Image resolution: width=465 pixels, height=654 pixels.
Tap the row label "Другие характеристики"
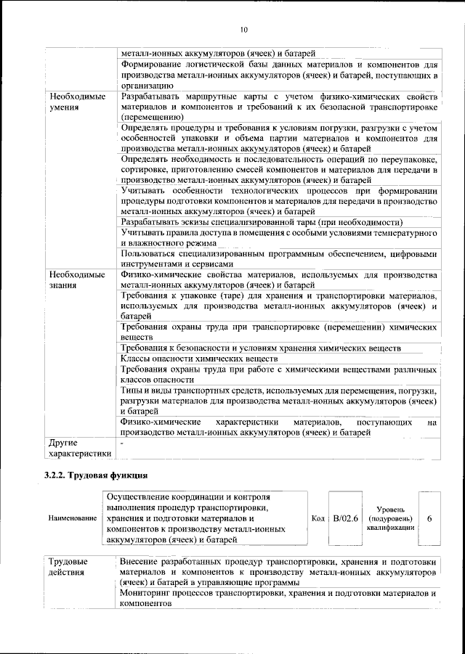point(79,448)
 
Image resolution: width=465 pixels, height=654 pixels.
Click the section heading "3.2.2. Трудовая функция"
point(97,475)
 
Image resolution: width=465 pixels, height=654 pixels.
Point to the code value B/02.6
point(346,519)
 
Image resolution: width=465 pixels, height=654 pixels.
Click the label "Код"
point(318,519)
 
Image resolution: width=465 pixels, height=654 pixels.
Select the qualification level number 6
point(429,519)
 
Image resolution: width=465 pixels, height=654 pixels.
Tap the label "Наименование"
point(72,519)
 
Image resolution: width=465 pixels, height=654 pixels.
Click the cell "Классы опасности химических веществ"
point(199,359)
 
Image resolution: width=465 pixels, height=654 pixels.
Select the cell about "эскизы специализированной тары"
point(262,221)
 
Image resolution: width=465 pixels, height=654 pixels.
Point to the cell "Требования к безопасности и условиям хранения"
point(261,348)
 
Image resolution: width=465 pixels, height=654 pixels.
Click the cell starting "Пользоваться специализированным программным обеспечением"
point(278,259)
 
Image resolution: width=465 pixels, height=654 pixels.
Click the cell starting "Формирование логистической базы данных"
point(278,74)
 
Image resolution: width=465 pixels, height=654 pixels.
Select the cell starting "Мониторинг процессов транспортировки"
point(278,598)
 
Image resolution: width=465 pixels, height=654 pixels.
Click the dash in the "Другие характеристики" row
point(122,442)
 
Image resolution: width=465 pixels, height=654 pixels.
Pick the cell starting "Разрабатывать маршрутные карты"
point(278,106)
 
